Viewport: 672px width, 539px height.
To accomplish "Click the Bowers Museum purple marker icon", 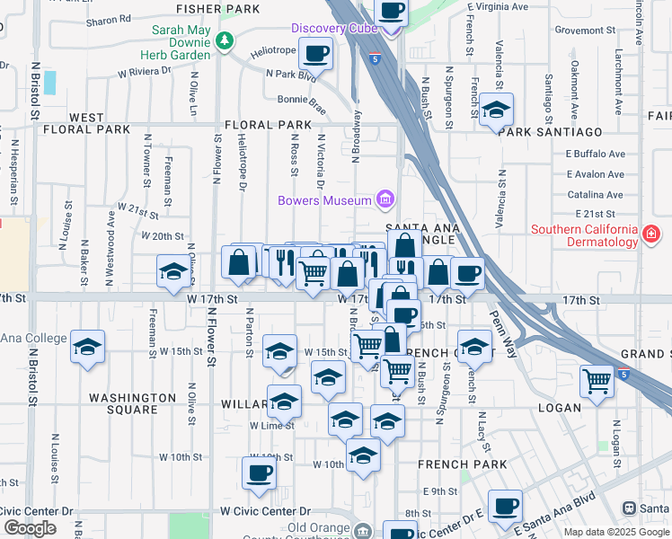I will (385, 199).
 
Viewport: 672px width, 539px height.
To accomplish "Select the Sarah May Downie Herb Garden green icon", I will (224, 40).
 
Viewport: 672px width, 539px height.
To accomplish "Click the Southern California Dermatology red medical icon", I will (651, 235).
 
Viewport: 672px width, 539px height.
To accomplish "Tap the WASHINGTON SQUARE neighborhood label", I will (132, 403).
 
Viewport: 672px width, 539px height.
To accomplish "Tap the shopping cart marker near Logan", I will (597, 381).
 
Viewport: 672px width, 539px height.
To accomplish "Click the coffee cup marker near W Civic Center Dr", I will (259, 473).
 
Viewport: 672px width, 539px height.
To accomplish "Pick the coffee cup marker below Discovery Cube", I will (315, 53).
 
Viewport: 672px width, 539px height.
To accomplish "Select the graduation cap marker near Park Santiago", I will (495, 110).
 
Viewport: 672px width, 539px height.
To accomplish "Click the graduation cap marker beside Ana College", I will (87, 347).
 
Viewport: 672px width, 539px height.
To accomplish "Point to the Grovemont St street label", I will (584, 30).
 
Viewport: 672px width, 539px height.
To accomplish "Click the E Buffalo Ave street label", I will (595, 155).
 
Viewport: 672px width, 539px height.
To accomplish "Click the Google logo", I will (30, 528).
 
